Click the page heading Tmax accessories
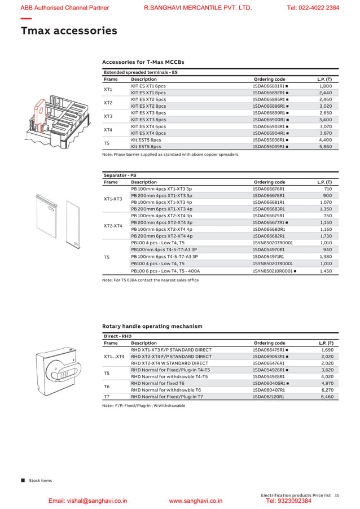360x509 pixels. tap(69, 31)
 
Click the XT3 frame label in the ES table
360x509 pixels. tap(108, 116)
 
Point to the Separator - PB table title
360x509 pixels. tap(120, 175)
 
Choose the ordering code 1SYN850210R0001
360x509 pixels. tap(273, 271)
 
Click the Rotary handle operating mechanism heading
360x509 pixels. tap(152, 326)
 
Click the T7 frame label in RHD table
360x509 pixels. tap(107, 397)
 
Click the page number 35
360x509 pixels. tap(337, 495)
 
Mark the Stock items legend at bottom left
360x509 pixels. tap(37, 480)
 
